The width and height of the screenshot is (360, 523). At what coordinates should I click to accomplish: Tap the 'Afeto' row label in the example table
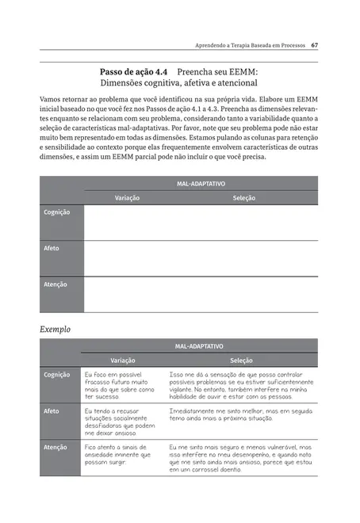(52, 410)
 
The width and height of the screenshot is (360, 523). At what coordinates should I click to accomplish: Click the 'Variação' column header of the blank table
(128, 197)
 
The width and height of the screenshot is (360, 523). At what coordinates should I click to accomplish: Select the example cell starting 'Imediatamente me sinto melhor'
(239, 415)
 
